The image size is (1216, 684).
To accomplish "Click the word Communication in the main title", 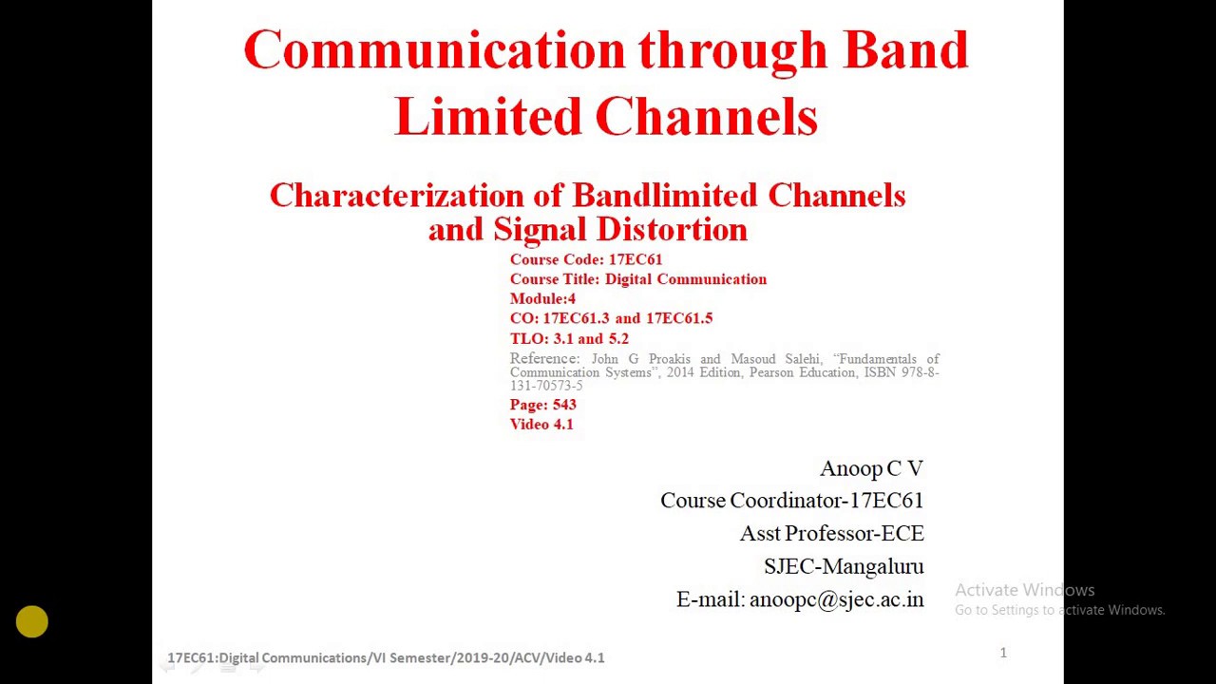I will (434, 51).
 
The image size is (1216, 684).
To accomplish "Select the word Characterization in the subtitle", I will (395, 196).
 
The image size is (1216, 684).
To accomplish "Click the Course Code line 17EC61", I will (585, 259).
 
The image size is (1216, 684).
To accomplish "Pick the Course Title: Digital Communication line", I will (637, 279).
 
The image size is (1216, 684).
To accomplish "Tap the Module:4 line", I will (542, 298).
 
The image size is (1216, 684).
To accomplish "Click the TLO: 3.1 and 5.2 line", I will (569, 338).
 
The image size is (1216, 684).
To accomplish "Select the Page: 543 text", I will (542, 405).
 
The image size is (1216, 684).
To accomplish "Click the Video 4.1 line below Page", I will (541, 425).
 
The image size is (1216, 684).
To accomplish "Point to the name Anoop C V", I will (871, 468).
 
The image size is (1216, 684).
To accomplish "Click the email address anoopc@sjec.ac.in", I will (836, 599).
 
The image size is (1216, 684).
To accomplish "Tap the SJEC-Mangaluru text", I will (844, 566).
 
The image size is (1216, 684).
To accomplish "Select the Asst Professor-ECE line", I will (831, 534).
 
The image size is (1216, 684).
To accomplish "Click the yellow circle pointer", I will (32, 622).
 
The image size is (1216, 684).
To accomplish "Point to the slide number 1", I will (1002, 653).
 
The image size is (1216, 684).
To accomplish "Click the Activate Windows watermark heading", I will (1024, 590).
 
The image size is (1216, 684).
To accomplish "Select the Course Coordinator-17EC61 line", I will (791, 501).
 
